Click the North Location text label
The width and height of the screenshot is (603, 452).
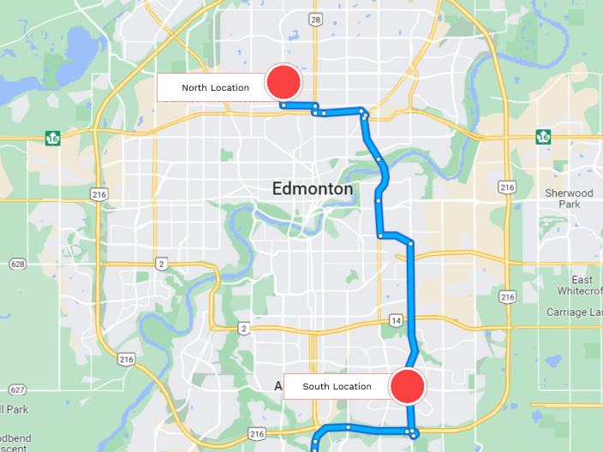pos(215,87)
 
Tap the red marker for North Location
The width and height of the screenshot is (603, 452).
pos(284,83)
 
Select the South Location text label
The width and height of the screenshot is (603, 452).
pos(337,386)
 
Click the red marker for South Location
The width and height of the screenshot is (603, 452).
pos(408,386)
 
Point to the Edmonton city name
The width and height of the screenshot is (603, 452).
pos(312,188)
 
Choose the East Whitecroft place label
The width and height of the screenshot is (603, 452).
pos(582,286)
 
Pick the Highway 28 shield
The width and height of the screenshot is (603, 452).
pos(315,21)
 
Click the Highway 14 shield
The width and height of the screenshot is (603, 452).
pos(395,320)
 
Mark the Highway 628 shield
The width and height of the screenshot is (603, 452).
pos(16,265)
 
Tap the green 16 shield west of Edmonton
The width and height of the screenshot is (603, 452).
pos(54,137)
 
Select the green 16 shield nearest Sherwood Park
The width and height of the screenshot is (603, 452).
pos(542,137)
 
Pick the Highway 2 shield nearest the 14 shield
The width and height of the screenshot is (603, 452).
pos(244,329)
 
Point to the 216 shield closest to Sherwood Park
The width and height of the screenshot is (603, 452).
pos(507,187)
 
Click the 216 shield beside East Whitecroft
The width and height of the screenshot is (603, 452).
pos(507,296)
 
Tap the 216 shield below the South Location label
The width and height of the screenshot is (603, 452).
pos(256,434)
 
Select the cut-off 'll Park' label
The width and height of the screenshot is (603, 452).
pos(14,409)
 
